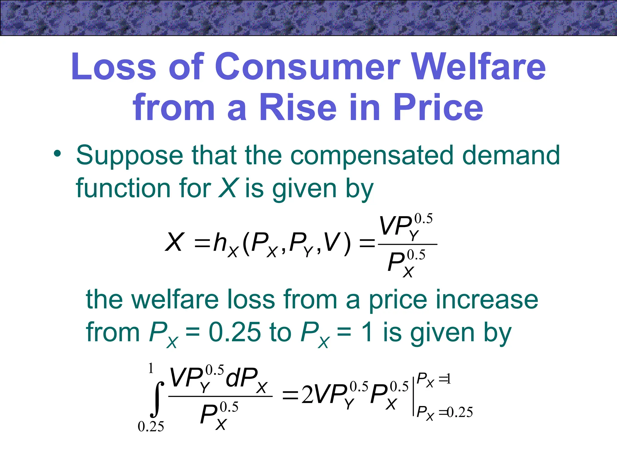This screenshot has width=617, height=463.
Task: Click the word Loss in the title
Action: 114,67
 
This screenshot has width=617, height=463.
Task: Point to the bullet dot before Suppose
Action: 57,154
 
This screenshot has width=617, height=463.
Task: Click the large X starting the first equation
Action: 174,242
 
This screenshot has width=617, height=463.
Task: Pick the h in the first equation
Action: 220,243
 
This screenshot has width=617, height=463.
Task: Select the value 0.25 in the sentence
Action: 235,332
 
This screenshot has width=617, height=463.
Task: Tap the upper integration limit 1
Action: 151,368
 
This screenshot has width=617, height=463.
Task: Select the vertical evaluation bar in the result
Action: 413,395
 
